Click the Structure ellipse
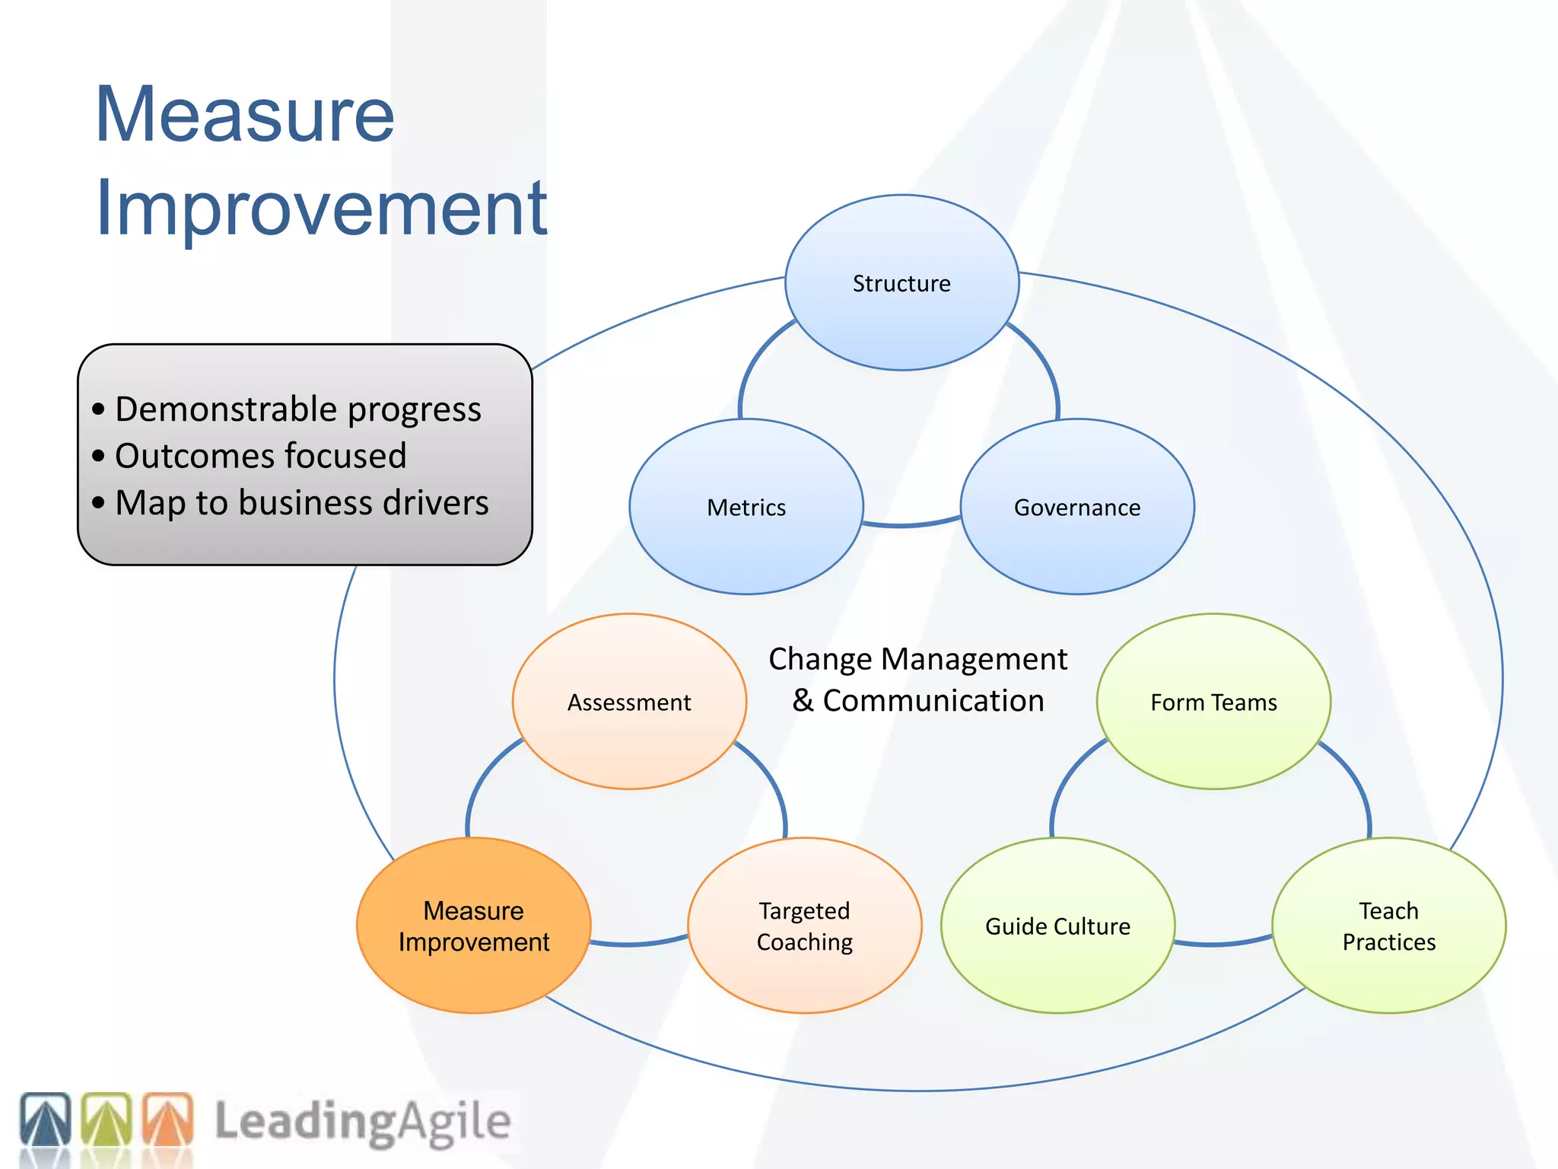point(901,283)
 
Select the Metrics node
point(746,507)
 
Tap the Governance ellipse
point(1077,507)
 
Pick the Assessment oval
point(629,702)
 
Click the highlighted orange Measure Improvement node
point(473,925)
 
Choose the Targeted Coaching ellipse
point(804,925)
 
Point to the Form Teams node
point(1213,702)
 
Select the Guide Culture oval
point(1057,925)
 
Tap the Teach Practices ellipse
point(1388,925)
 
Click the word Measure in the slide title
point(245,116)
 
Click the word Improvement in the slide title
point(321,207)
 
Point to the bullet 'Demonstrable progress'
point(297,409)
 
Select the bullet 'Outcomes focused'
point(260,456)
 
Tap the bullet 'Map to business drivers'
point(301,502)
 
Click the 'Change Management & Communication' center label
point(917,680)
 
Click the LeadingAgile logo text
point(362,1122)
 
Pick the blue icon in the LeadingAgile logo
point(46,1120)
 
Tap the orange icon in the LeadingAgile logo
point(168,1120)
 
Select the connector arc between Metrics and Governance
point(912,524)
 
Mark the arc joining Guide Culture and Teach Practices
point(1223,944)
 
